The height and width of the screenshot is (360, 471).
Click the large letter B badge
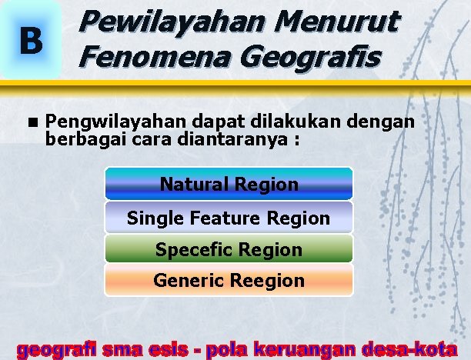pos(31,42)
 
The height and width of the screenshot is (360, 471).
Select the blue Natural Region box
pos(229,185)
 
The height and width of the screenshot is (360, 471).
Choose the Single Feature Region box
pos(229,218)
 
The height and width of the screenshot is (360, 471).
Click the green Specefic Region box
pos(229,250)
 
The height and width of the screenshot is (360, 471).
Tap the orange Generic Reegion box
pos(229,281)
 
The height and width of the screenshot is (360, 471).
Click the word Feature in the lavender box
pos(223,218)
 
